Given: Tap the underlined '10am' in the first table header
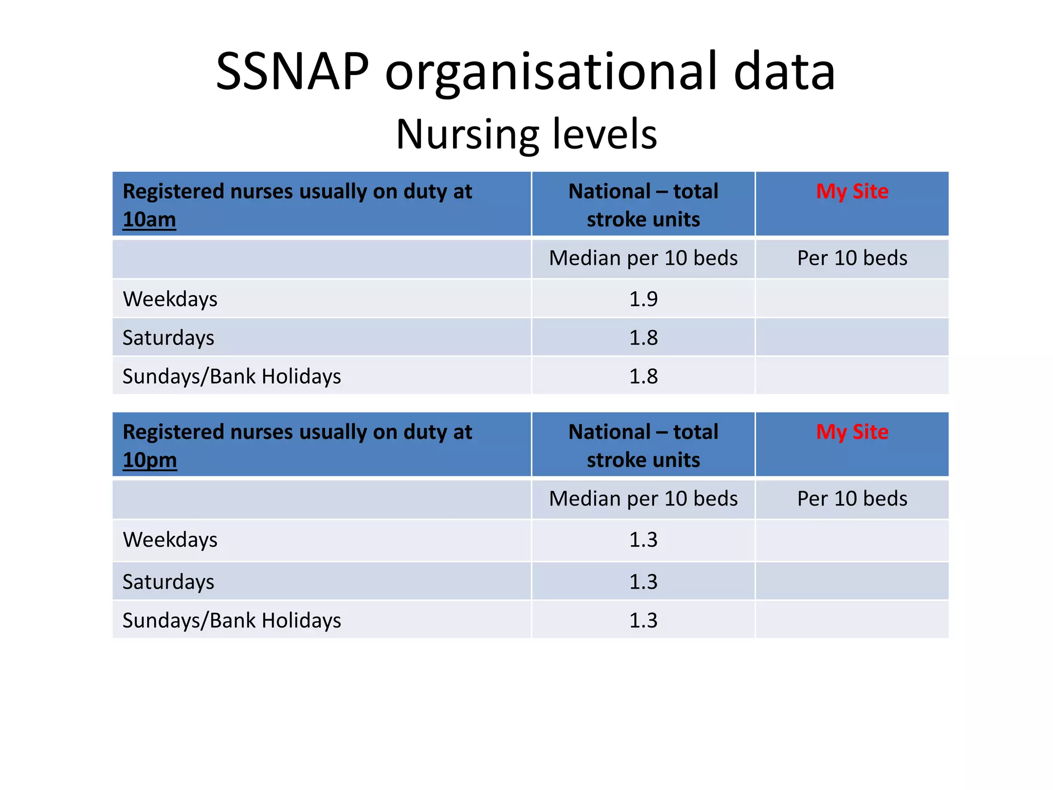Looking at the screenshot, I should coord(149,220).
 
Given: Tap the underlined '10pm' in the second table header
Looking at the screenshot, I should coord(150,460).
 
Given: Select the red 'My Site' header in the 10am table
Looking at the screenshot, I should coord(852,191).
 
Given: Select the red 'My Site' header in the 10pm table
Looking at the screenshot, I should coord(852,432).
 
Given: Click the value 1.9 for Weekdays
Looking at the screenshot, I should coord(643,299).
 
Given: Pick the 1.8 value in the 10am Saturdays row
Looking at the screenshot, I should coord(643,338).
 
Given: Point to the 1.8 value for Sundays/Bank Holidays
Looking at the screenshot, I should coord(643,376).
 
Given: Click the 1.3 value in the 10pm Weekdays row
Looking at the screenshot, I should coord(643,540).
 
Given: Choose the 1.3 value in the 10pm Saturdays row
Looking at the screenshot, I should coord(643,582).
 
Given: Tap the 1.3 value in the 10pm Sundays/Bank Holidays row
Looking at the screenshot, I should coord(643,620).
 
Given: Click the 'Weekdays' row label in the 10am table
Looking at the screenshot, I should coord(170,299).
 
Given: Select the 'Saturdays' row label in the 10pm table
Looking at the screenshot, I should coord(168,582).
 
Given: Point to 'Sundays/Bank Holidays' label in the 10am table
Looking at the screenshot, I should coord(231,376).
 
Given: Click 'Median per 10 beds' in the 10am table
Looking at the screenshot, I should coord(643,258).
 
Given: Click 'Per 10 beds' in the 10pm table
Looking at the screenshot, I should coord(852,499).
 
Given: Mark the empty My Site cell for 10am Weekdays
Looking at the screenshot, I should coord(852,299).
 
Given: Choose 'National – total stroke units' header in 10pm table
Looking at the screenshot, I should coord(643,445).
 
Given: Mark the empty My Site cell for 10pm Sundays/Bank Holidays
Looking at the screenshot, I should coord(852,620).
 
